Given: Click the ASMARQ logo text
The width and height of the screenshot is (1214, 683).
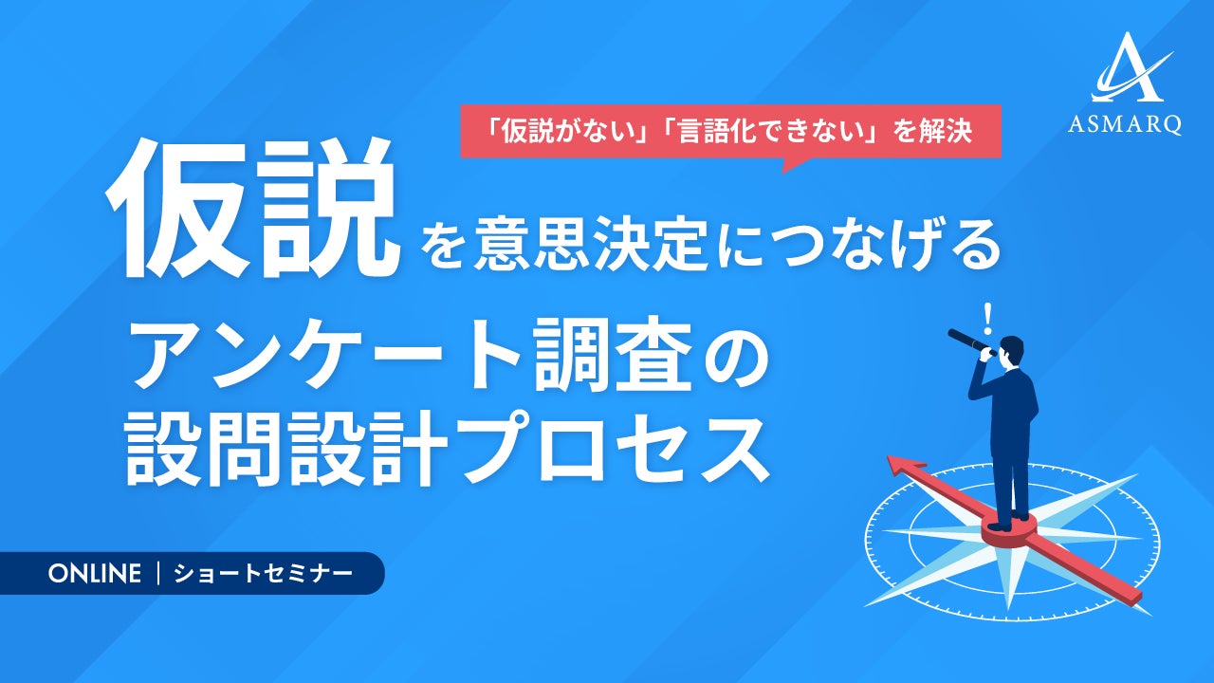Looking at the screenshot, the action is point(1125,124).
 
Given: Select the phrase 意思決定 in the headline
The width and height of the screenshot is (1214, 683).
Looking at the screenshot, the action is point(591,247).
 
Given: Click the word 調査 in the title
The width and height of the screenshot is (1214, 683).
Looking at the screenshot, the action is point(614,354).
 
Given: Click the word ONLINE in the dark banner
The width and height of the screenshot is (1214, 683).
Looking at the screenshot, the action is point(94,574).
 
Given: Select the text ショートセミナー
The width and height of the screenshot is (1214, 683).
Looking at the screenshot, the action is point(263,574).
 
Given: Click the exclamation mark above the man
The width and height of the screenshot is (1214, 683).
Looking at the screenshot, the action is point(988,319).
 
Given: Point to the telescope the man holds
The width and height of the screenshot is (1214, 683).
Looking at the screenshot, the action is point(971,342).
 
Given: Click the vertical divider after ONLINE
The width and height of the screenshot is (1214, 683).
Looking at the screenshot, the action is point(157,574).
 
